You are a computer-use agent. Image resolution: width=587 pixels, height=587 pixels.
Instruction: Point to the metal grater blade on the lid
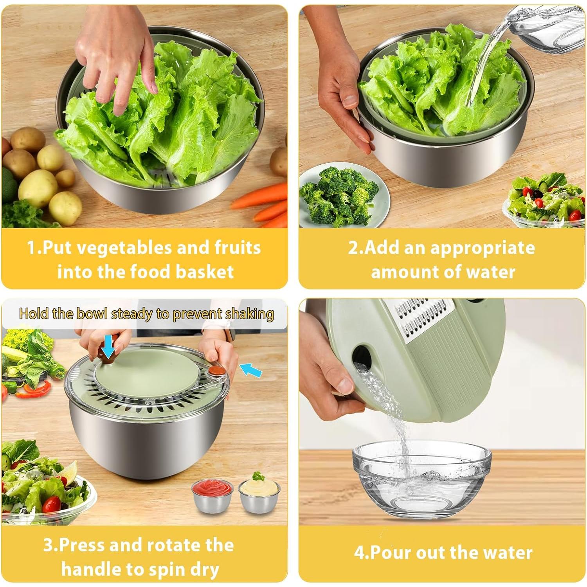(x=423, y=317)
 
